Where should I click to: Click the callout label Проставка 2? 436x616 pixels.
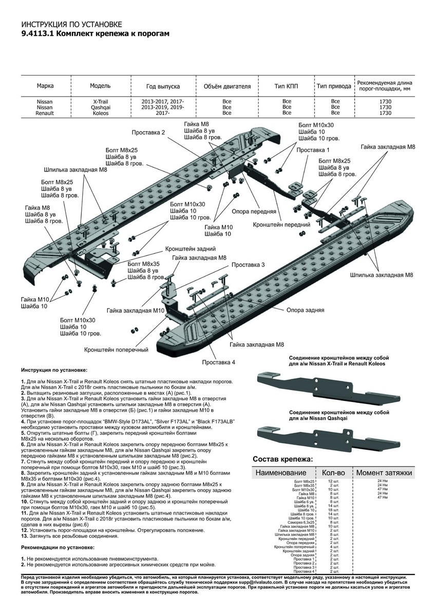coord(148,132)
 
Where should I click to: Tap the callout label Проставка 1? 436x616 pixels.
coord(313,150)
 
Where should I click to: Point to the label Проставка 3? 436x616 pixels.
coord(248,264)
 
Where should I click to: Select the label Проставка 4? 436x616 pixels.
coord(218,362)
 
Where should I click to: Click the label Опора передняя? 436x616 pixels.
coord(254,211)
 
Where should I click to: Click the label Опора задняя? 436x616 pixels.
coord(305,311)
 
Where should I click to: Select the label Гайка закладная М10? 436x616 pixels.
coord(136,311)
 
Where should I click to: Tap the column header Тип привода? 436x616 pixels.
coord(334,86)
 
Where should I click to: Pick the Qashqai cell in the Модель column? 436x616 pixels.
coord(100,107)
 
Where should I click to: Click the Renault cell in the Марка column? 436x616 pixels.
coord(44,113)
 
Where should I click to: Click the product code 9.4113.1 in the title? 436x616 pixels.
coord(36,33)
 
